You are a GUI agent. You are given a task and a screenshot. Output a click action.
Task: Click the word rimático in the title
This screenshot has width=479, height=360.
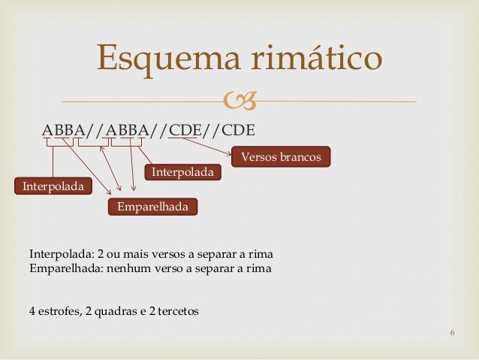point(315,59)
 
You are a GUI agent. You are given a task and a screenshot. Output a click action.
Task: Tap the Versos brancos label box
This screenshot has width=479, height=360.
point(281,158)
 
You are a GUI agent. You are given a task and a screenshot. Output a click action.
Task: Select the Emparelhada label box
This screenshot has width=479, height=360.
point(152,206)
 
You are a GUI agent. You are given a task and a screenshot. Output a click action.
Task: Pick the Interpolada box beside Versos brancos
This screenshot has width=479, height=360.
point(182,173)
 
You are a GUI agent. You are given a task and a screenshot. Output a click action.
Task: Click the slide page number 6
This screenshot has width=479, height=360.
point(453,334)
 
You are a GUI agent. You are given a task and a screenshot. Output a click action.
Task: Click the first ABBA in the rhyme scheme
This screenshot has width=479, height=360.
point(63,129)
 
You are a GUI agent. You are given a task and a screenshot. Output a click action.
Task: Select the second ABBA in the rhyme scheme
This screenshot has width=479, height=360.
point(127,129)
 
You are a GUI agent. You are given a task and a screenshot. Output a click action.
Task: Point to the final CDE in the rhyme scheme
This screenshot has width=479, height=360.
point(238,129)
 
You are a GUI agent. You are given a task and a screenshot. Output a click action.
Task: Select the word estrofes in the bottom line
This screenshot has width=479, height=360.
point(59,310)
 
